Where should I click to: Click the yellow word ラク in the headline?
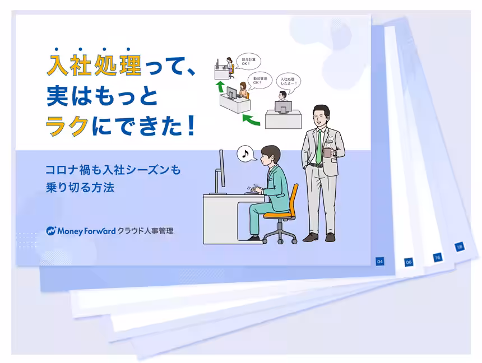pyautogui.click(x=67, y=125)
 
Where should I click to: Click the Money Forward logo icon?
pyautogui.click(x=52, y=230)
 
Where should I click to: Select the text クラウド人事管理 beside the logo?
pyautogui.click(x=146, y=230)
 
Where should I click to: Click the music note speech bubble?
pyautogui.click(x=245, y=153)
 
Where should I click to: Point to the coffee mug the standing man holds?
pyautogui.click(x=328, y=153)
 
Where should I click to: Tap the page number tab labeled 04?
pyautogui.click(x=380, y=261)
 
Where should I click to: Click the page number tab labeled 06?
pyautogui.click(x=409, y=262)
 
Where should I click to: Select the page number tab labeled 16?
pyautogui.click(x=437, y=257)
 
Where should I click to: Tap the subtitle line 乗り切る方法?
pyautogui.click(x=80, y=188)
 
